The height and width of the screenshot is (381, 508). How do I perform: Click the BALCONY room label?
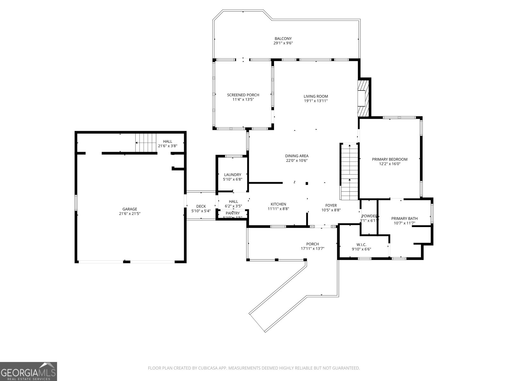[283, 38]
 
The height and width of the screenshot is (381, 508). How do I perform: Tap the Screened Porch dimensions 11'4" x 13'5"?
[243, 99]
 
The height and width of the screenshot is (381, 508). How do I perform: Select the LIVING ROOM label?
[316, 96]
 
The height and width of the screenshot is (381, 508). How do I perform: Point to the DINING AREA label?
[297, 156]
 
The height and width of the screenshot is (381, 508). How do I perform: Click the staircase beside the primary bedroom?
[350, 172]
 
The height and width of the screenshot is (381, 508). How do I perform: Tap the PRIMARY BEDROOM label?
[390, 159]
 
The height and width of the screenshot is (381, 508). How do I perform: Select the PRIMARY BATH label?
[404, 218]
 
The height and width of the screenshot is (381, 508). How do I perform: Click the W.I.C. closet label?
[361, 244]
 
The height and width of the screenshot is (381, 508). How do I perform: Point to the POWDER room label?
[369, 216]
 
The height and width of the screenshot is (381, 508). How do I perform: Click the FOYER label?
[331, 205]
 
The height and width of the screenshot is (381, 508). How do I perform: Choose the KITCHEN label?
[278, 204]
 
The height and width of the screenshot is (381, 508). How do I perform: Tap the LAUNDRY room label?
[232, 175]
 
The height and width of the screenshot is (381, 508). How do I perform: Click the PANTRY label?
[232, 213]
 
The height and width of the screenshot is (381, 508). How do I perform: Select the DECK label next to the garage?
[201, 206]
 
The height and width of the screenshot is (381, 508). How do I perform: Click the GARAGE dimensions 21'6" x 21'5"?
[130, 214]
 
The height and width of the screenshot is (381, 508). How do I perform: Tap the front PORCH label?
[312, 244]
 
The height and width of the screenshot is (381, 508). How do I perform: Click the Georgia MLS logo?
[29, 371]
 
